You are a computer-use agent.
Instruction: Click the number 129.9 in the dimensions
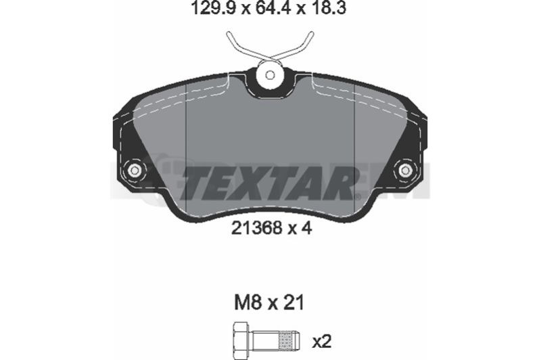[213, 8]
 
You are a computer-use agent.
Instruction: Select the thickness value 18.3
[328, 8]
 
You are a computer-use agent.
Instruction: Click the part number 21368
[257, 228]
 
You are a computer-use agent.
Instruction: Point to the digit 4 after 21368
[307, 228]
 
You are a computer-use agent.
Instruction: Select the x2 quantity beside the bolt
[322, 341]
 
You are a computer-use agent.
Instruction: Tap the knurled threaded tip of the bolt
[289, 340]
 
